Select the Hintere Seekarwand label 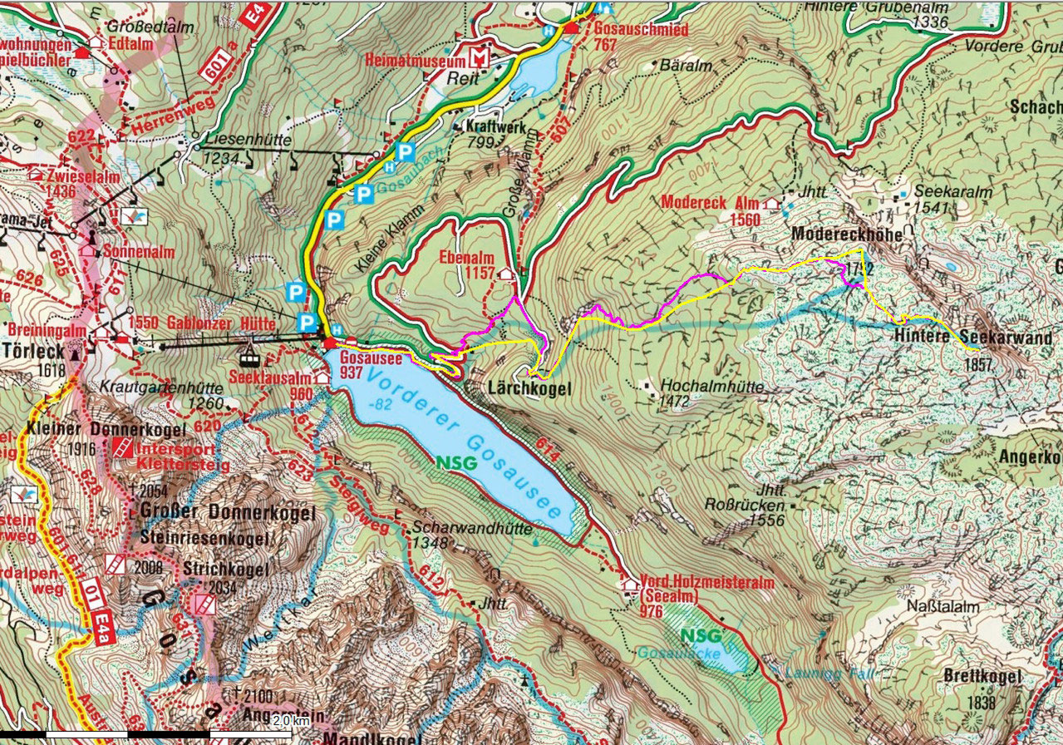click(x=972, y=338)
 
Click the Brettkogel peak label click(x=982, y=678)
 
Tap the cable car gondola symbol click(x=247, y=360)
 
